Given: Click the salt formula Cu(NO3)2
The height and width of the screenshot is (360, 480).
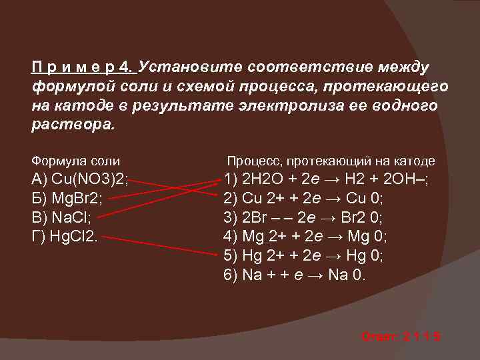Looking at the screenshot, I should tap(81, 180).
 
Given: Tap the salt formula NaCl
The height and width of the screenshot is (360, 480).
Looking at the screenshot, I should tap(61, 217).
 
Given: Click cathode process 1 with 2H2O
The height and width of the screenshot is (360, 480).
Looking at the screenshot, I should tap(327, 180).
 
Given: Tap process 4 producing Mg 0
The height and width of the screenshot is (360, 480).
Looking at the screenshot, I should tap(305, 236).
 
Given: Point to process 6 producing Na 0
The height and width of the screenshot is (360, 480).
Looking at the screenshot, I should tap(295, 274).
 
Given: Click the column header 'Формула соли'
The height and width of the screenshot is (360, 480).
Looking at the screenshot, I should tap(76, 161).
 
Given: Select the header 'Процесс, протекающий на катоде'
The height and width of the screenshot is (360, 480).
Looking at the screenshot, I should tap(331, 161).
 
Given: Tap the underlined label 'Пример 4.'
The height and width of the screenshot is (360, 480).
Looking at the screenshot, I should tap(83, 68).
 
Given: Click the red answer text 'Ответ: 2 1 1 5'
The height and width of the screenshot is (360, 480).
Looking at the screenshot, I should tap(401, 337).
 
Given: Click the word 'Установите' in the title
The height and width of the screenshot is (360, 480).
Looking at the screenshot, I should tap(191, 68).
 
